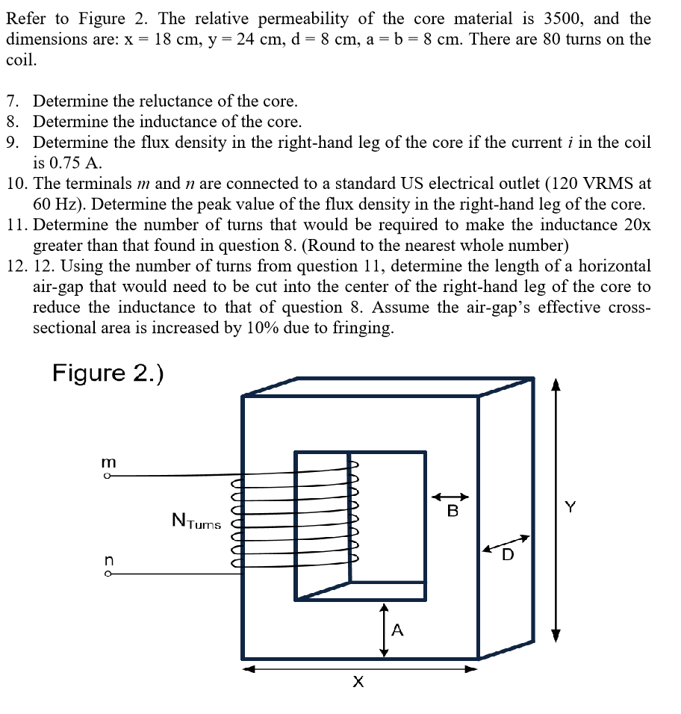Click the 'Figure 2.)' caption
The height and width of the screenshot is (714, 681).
pos(108,373)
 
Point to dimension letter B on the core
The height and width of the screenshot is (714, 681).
pos(452,512)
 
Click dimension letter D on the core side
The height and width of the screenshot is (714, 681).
pos(508,554)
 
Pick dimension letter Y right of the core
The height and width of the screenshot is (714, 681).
pos(570,508)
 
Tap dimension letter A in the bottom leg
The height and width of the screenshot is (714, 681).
pos(397,631)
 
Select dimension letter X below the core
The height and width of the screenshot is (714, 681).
pos(358,682)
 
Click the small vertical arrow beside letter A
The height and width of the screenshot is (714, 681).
pos(384,630)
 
